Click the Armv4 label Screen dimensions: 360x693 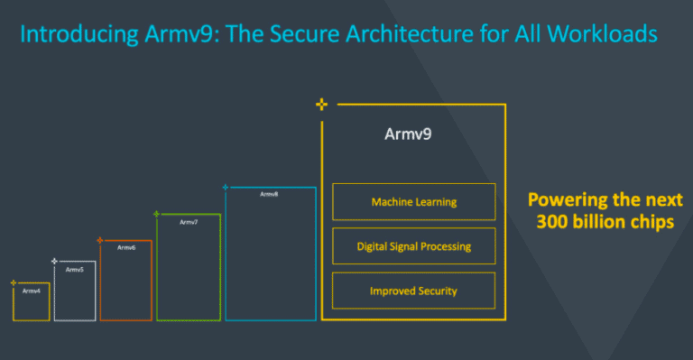click(32, 291)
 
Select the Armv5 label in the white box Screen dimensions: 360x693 click(75, 270)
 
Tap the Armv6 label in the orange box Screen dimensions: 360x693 click(126, 247)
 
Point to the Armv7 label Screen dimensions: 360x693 click(189, 222)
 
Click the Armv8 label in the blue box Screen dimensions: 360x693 click(269, 194)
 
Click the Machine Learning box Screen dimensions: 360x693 click(413, 202)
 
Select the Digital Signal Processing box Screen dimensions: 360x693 click(413, 246)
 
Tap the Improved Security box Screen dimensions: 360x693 click(413, 291)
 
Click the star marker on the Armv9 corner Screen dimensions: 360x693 click(321, 105)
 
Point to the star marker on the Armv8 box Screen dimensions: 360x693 click(226, 188)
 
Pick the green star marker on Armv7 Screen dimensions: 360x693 click(157, 214)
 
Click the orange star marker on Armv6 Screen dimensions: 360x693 click(100, 240)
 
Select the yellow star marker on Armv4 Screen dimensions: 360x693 click(14, 282)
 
